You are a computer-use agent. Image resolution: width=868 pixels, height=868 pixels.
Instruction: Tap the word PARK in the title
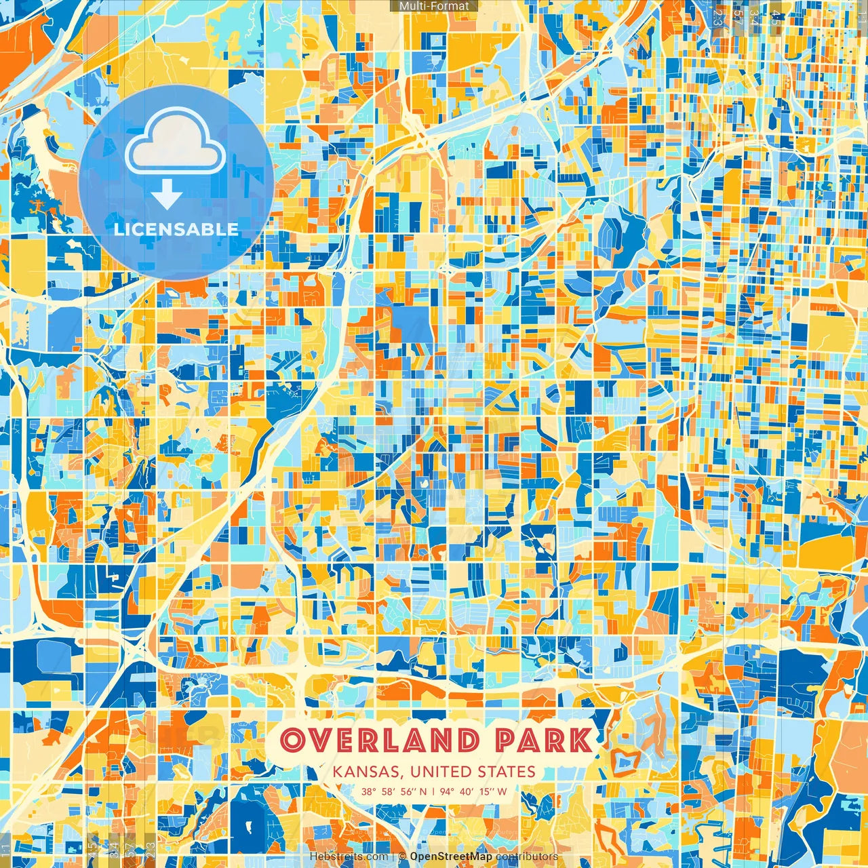[542, 740]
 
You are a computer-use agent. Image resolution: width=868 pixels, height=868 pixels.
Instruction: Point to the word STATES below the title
[507, 772]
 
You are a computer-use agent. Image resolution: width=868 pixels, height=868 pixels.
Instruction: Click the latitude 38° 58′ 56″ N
[393, 791]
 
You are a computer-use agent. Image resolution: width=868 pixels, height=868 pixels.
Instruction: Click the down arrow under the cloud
[166, 197]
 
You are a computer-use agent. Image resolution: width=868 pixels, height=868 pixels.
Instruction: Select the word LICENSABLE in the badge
[176, 229]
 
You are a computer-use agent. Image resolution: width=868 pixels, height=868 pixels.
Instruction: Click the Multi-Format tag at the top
[434, 6]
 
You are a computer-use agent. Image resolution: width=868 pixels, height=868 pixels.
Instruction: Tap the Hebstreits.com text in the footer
[349, 856]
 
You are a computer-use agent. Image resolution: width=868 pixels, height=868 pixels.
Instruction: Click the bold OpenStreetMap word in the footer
[451, 856]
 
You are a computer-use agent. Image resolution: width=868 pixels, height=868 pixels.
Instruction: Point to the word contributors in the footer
[527, 856]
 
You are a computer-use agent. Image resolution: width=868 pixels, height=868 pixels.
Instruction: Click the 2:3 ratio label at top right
[718, 18]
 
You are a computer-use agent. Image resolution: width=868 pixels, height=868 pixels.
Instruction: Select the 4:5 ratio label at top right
[776, 18]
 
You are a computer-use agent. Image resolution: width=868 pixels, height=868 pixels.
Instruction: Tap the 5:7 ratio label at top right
[737, 18]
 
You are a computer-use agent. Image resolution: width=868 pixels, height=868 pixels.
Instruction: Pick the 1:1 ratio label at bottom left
[5, 848]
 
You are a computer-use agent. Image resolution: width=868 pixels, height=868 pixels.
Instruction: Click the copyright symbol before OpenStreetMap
[402, 856]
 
